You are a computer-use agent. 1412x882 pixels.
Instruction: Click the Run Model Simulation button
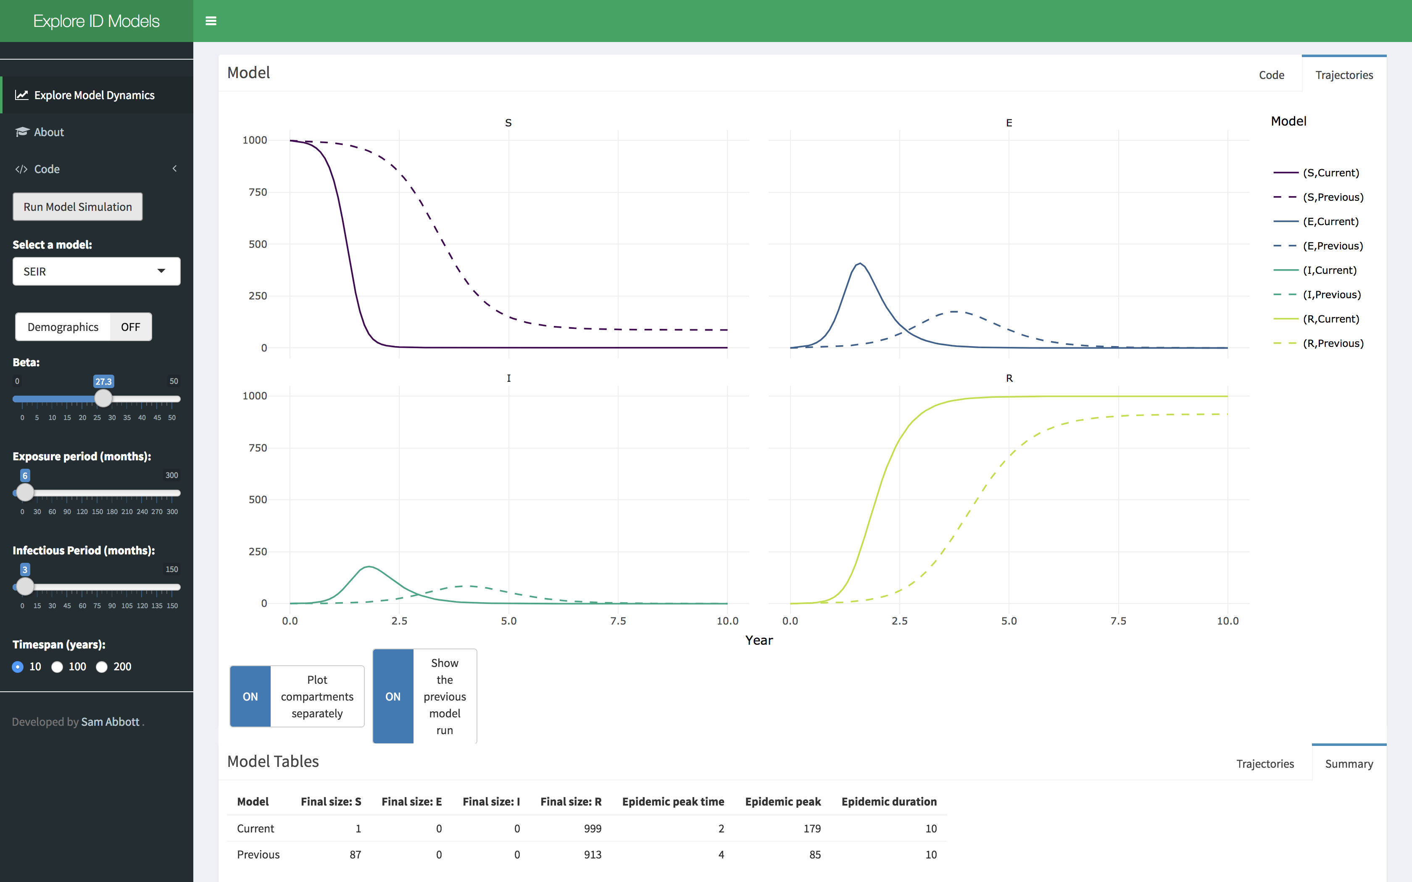tap(78, 207)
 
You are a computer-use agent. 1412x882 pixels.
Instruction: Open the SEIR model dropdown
tap(96, 271)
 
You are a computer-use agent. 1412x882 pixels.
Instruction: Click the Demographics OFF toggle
tap(84, 327)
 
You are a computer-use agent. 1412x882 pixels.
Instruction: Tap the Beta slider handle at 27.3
tap(103, 399)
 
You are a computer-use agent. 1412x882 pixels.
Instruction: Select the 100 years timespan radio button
tap(57, 667)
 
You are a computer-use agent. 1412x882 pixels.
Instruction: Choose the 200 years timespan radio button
tap(102, 667)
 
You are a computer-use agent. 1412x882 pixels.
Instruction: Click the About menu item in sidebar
tap(49, 132)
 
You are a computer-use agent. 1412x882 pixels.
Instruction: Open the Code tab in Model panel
tap(1271, 75)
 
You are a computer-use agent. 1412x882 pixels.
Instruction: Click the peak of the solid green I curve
tap(369, 567)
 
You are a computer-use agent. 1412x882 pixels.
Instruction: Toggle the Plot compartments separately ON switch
tap(250, 696)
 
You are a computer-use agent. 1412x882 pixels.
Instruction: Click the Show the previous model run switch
tap(393, 696)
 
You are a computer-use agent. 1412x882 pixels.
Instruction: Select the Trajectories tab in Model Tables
tap(1264, 764)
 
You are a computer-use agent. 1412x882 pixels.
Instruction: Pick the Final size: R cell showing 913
tap(592, 855)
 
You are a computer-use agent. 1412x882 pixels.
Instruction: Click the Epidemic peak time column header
tap(673, 801)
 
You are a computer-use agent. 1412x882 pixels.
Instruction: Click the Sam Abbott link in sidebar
tap(110, 722)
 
